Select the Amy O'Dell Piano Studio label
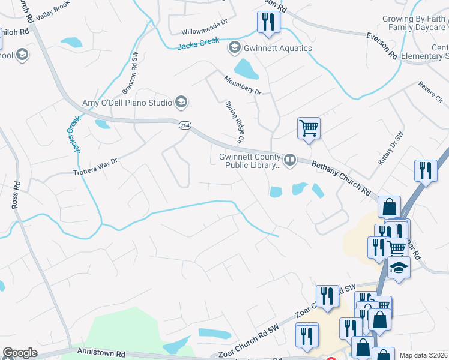click(127, 103)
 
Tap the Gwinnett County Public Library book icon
click(290, 159)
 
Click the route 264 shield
click(185, 125)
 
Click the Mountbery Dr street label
click(243, 85)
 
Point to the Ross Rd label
click(16, 195)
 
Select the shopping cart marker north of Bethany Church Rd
click(309, 128)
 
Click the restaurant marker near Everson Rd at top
click(267, 22)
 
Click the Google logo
click(20, 353)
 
